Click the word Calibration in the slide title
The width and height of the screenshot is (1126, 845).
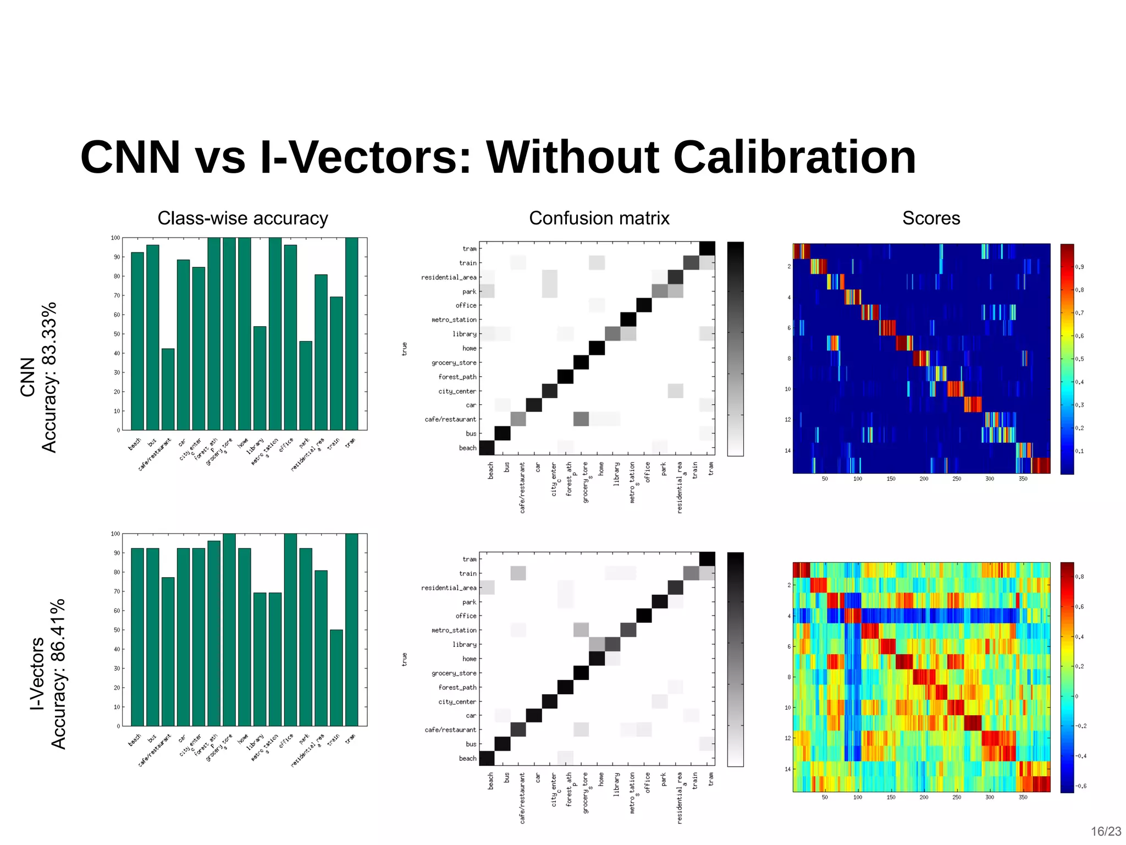[794, 158]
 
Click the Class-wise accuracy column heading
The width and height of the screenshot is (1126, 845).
[242, 218]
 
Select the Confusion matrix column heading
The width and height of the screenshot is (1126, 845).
[599, 218]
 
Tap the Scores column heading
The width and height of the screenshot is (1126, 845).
[931, 218]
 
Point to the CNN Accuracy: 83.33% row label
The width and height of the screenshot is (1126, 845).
[38, 377]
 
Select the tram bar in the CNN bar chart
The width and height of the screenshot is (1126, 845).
[351, 334]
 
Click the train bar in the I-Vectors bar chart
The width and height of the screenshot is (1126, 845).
[336, 678]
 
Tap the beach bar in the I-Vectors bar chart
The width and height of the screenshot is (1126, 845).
[137, 637]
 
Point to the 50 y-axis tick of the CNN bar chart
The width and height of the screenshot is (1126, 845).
[117, 334]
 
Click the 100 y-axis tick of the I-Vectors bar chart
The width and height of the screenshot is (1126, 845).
[115, 534]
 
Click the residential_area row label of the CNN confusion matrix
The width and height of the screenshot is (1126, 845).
[449, 277]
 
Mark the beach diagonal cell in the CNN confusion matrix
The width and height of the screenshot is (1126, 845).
[487, 448]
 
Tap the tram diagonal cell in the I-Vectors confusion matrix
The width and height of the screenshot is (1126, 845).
[707, 559]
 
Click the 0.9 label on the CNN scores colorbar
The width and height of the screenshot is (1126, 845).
[1080, 267]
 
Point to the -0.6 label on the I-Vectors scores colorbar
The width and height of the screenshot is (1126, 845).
[1080, 786]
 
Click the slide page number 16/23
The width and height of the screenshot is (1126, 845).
[1106, 831]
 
